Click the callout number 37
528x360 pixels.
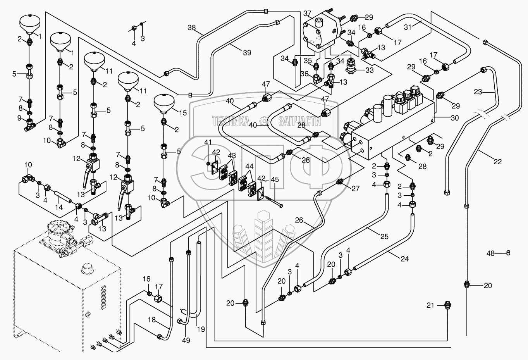click(307, 14)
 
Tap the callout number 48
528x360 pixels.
click(491, 253)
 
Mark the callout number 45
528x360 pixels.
click(275, 179)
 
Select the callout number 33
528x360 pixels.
click(369, 70)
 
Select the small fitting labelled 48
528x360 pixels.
click(508, 253)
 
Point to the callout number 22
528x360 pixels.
click(497, 162)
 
